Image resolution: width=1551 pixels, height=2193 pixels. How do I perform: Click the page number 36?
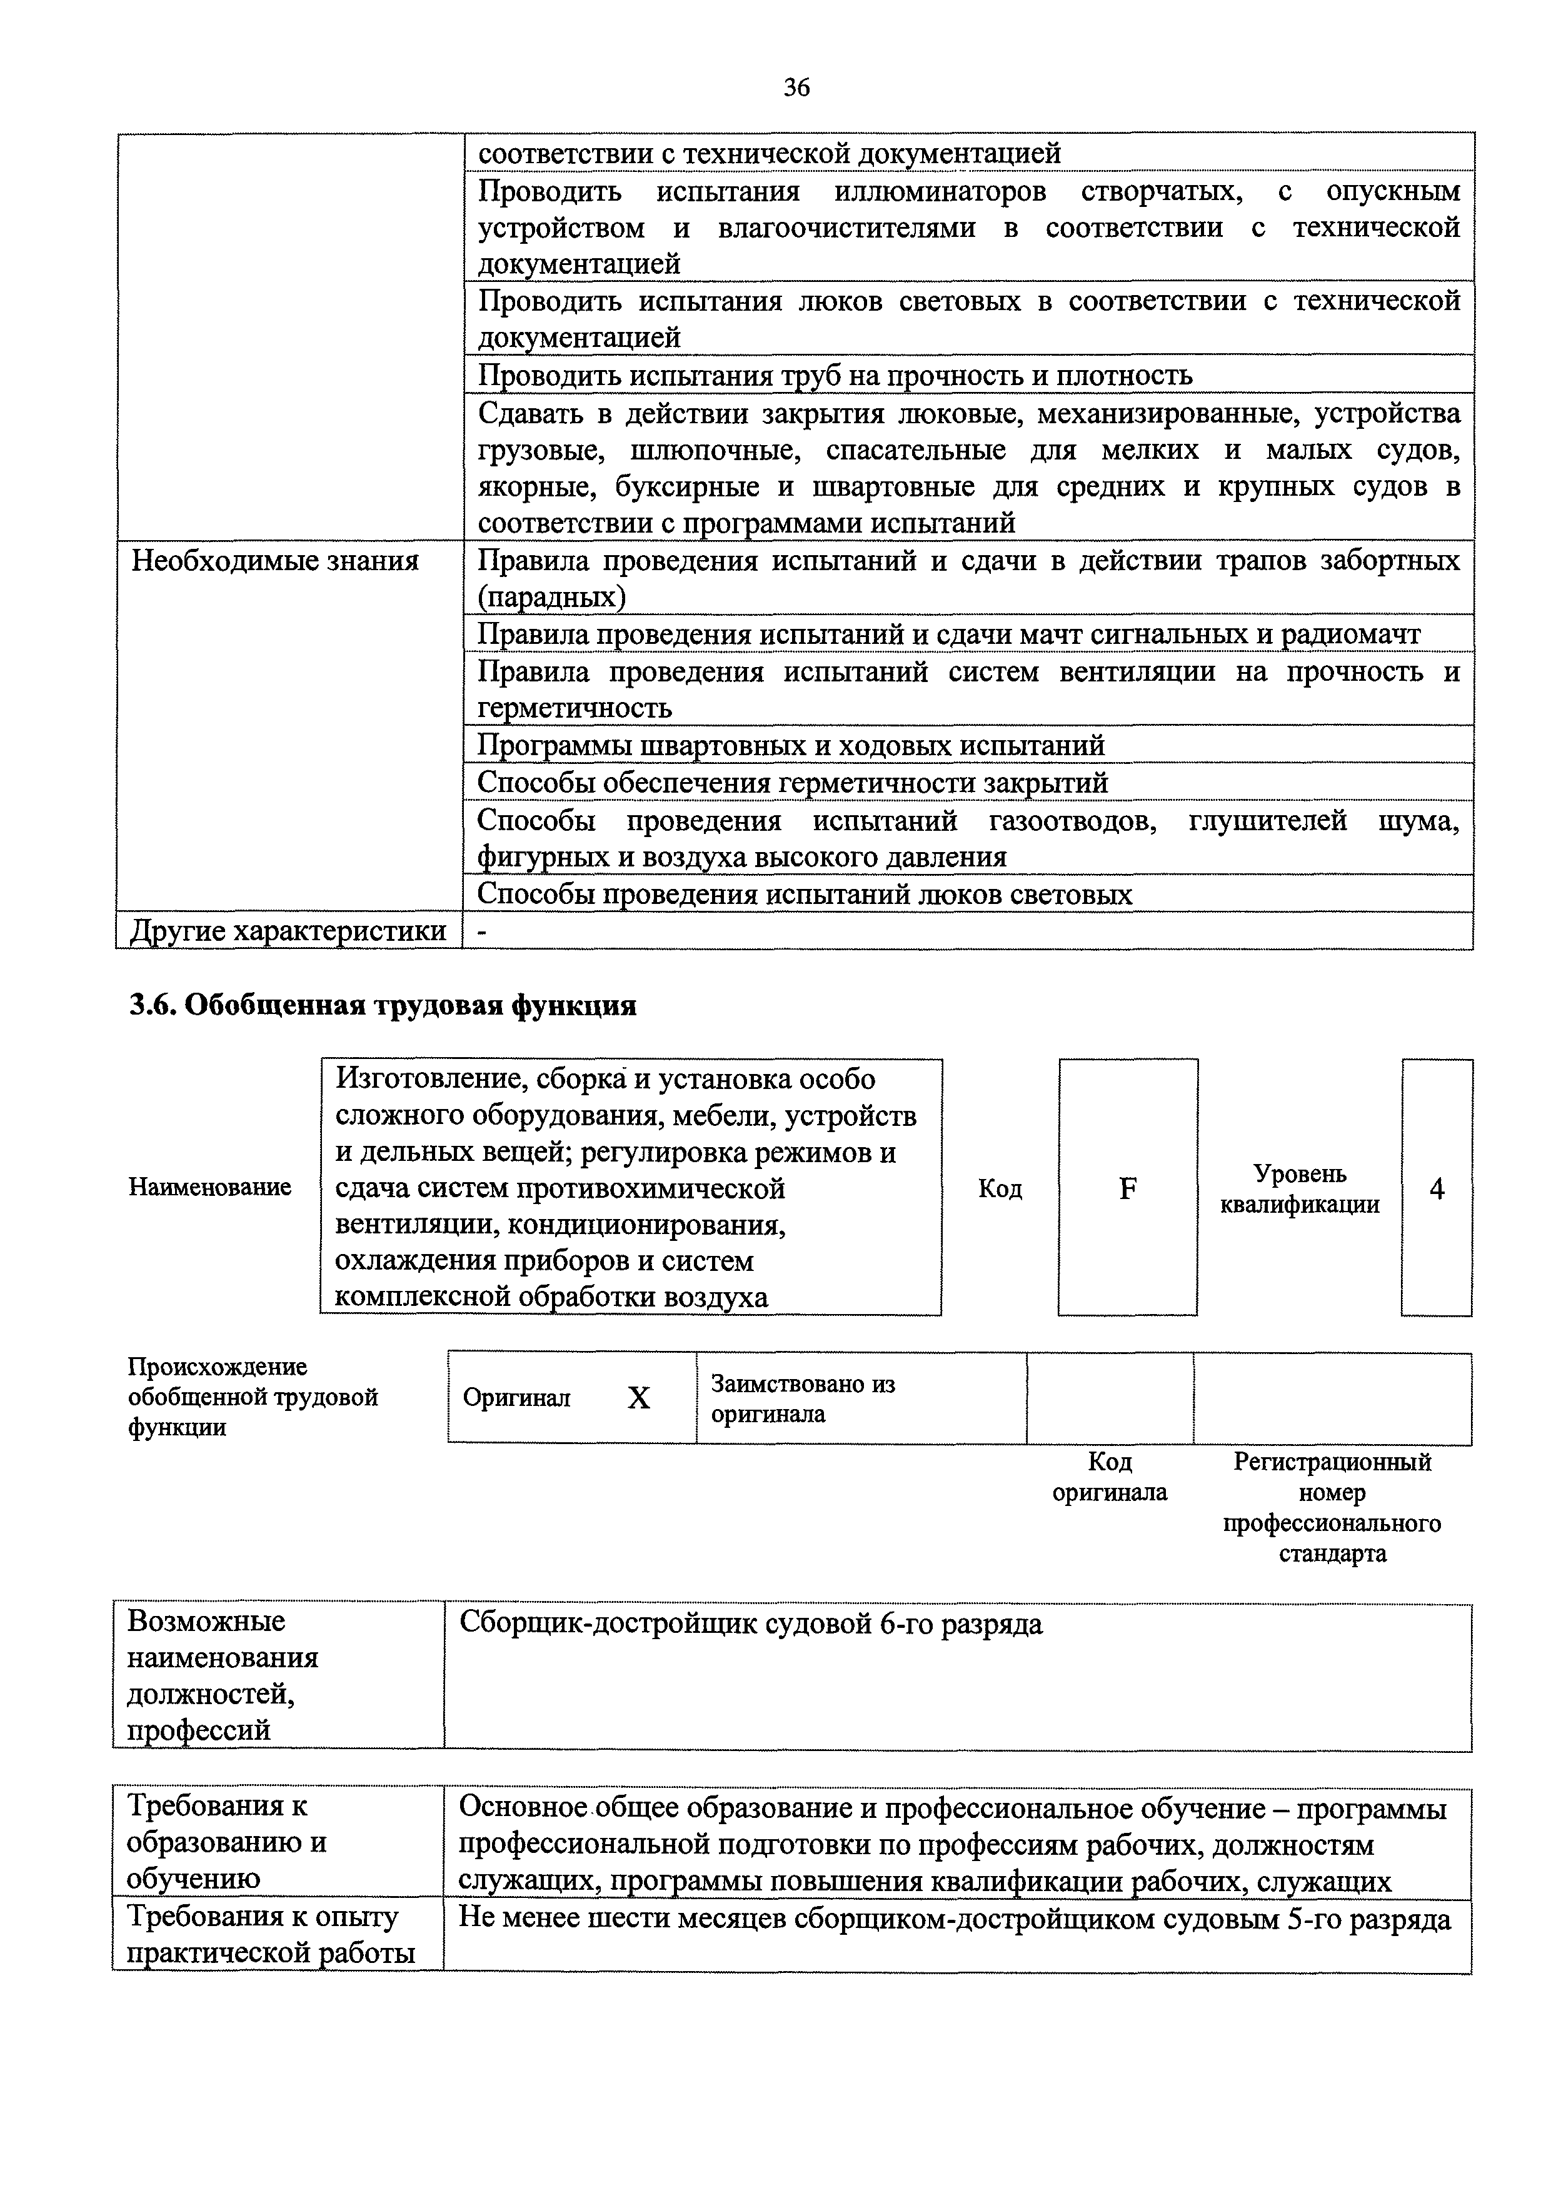[796, 88]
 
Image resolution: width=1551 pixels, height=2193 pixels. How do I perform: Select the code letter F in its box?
[1127, 1188]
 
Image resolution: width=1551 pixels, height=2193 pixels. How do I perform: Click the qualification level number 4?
[1437, 1188]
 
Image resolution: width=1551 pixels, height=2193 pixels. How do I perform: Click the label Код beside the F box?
[1000, 1188]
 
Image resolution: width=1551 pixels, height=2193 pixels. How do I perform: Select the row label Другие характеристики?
[288, 930]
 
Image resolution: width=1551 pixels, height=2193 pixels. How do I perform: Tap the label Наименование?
[210, 1187]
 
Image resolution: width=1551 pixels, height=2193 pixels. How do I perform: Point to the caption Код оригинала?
[1110, 1477]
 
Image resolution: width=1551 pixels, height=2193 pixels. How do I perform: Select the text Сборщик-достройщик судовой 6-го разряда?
[751, 1623]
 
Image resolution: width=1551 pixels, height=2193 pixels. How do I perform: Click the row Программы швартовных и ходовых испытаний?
[791, 745]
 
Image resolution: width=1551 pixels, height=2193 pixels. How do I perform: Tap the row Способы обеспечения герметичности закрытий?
[793, 782]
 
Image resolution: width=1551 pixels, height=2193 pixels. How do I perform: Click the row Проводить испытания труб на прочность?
[835, 375]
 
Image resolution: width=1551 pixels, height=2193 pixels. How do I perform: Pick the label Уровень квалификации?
[1300, 1188]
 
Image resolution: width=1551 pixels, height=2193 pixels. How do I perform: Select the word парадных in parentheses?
[552, 598]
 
